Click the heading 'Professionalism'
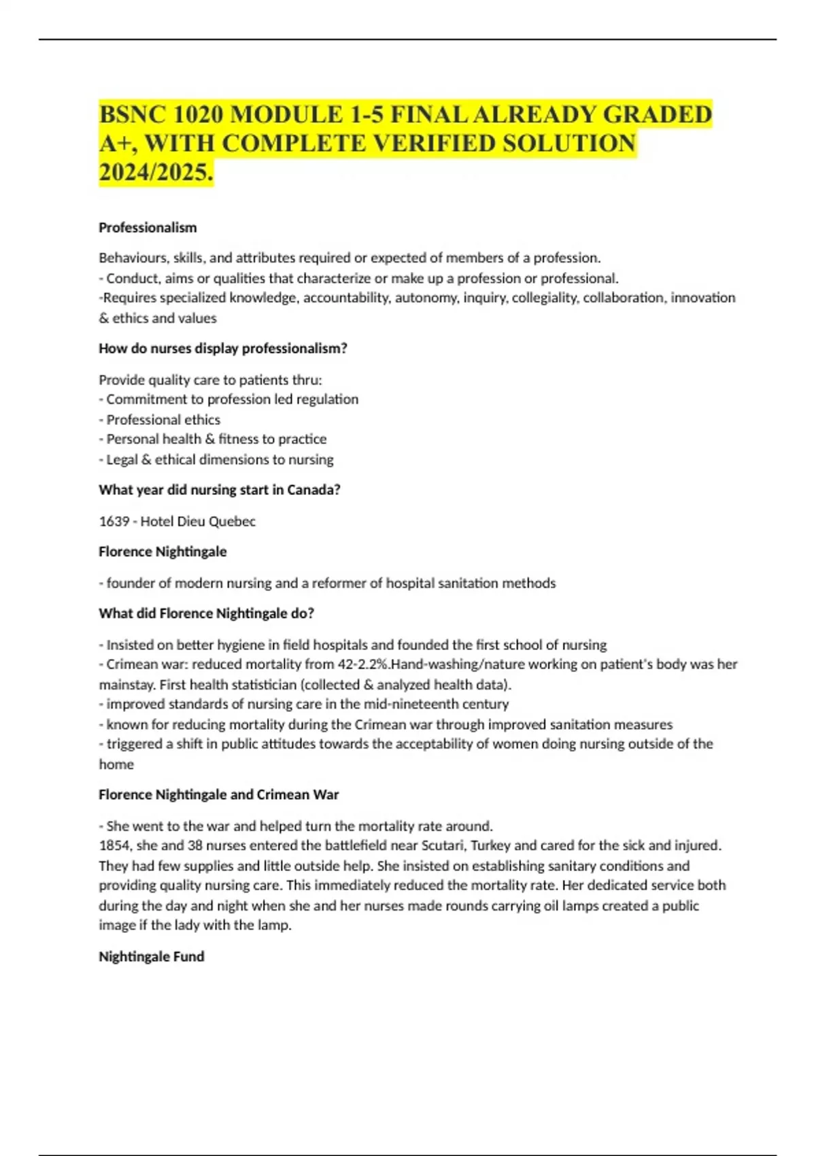[148, 228]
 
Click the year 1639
[114, 522]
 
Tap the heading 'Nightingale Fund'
[151, 957]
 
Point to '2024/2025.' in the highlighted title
[156, 173]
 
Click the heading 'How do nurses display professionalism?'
[223, 349]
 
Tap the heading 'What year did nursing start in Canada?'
[219, 490]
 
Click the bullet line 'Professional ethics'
[163, 420]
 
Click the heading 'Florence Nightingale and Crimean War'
[218, 795]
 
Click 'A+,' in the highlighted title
[117, 143]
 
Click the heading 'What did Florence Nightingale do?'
[206, 613]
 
